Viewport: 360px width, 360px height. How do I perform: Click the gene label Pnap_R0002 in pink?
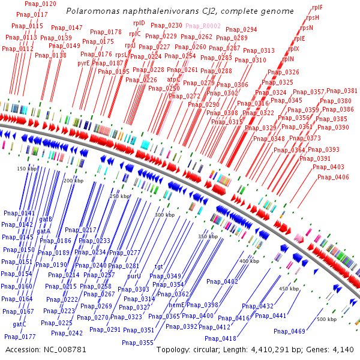203,26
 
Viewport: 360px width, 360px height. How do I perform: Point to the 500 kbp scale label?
326,319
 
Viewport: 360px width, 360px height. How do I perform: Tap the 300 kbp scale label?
164,215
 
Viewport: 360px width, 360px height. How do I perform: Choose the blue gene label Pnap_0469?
289,332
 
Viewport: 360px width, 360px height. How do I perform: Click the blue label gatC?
20,325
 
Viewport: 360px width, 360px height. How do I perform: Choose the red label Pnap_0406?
334,177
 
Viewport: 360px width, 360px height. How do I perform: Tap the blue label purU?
134,276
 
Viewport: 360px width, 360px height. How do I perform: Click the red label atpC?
173,79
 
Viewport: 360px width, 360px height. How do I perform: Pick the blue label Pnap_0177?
20,337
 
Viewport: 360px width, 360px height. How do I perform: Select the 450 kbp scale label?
289,289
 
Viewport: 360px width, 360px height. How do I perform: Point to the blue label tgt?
159,266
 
